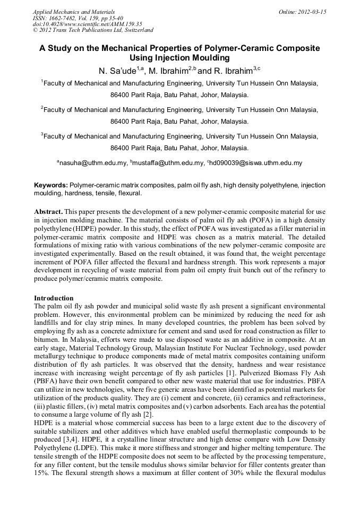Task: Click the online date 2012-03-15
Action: point(313,12)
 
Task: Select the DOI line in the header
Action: point(87,24)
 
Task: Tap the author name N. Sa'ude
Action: point(117,71)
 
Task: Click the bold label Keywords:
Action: point(51,185)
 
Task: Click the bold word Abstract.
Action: point(48,211)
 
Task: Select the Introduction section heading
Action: point(54,298)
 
